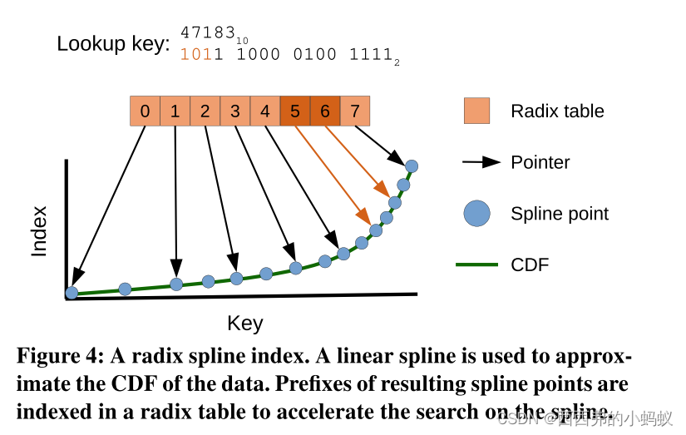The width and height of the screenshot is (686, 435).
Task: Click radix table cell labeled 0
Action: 145,111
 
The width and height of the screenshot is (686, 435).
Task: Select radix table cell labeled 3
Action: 235,111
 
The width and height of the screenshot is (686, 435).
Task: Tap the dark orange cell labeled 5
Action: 295,111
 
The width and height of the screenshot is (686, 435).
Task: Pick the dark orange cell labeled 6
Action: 325,111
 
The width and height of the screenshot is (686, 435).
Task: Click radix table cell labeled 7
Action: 355,111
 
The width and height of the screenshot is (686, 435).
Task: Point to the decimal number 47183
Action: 208,34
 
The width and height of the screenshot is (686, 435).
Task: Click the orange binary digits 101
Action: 196,55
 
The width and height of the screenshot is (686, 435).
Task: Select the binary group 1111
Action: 369,55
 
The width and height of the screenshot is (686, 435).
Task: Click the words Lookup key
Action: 112,44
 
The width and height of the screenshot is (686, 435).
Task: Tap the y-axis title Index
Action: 39,231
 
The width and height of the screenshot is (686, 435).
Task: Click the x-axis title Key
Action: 244,324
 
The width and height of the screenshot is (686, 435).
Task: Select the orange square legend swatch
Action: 476,111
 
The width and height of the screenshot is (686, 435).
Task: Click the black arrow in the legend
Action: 481,162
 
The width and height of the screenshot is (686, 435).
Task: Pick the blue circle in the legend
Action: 476,214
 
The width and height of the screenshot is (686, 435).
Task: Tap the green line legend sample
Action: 476,264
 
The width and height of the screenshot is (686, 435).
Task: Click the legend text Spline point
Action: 559,214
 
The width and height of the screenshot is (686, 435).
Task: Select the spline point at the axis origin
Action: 72,293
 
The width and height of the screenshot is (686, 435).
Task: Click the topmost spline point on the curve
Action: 411,166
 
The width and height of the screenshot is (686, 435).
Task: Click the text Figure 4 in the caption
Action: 59,357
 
